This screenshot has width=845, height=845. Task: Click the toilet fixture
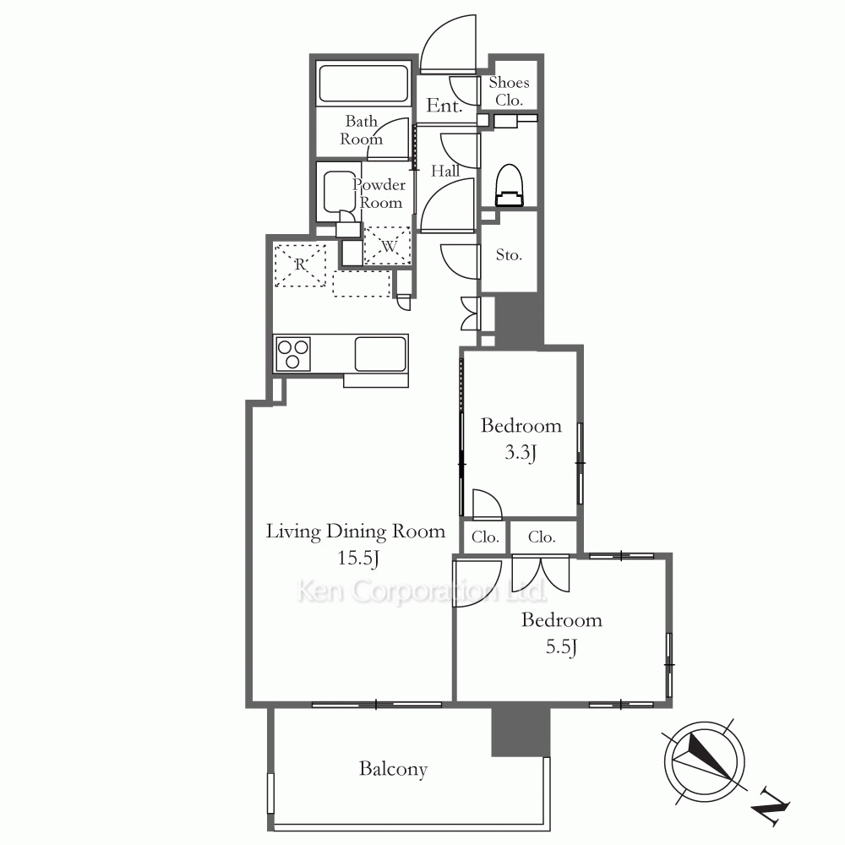(509, 185)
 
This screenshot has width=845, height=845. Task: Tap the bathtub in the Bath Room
(363, 84)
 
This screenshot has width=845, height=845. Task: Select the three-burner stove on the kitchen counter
(292, 353)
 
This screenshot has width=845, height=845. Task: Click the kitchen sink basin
(380, 353)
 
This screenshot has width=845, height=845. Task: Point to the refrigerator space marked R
(300, 265)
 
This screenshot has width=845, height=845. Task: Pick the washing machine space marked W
(388, 246)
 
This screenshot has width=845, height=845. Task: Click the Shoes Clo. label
(509, 91)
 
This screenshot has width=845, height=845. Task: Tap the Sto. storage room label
(509, 254)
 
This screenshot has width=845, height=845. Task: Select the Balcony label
(394, 769)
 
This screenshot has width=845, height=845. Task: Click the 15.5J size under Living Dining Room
(358, 558)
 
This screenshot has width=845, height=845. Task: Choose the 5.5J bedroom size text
(562, 646)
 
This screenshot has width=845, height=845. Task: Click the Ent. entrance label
(444, 105)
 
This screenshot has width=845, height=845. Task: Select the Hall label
(445, 171)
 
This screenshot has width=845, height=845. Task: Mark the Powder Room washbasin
(339, 192)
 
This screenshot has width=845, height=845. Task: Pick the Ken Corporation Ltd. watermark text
(422, 591)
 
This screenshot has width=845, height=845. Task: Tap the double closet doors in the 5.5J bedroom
(541, 574)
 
